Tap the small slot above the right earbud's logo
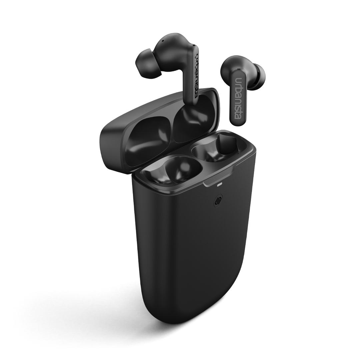click(x=238, y=69)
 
